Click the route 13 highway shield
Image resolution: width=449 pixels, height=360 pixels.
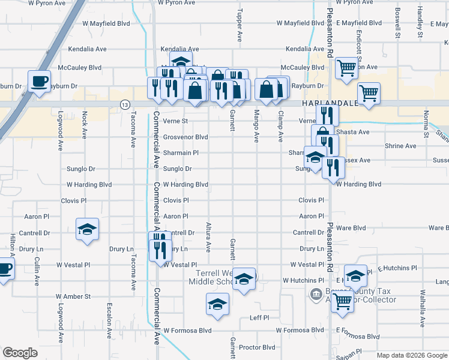(x=124, y=104)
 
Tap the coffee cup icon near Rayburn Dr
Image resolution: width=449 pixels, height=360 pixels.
(x=40, y=81)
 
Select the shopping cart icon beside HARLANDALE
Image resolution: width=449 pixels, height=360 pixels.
(x=369, y=93)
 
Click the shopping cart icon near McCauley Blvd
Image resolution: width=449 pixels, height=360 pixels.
(x=346, y=68)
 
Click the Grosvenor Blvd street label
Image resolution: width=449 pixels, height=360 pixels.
(x=185, y=137)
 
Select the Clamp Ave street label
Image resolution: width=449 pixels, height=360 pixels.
(x=280, y=126)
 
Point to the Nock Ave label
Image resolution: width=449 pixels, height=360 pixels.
(x=85, y=122)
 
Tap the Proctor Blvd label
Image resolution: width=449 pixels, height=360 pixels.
(x=256, y=347)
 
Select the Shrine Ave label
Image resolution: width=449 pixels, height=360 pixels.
(x=401, y=146)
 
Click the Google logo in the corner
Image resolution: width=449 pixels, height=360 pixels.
(x=20, y=353)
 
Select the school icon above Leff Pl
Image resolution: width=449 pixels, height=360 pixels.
(x=217, y=304)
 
